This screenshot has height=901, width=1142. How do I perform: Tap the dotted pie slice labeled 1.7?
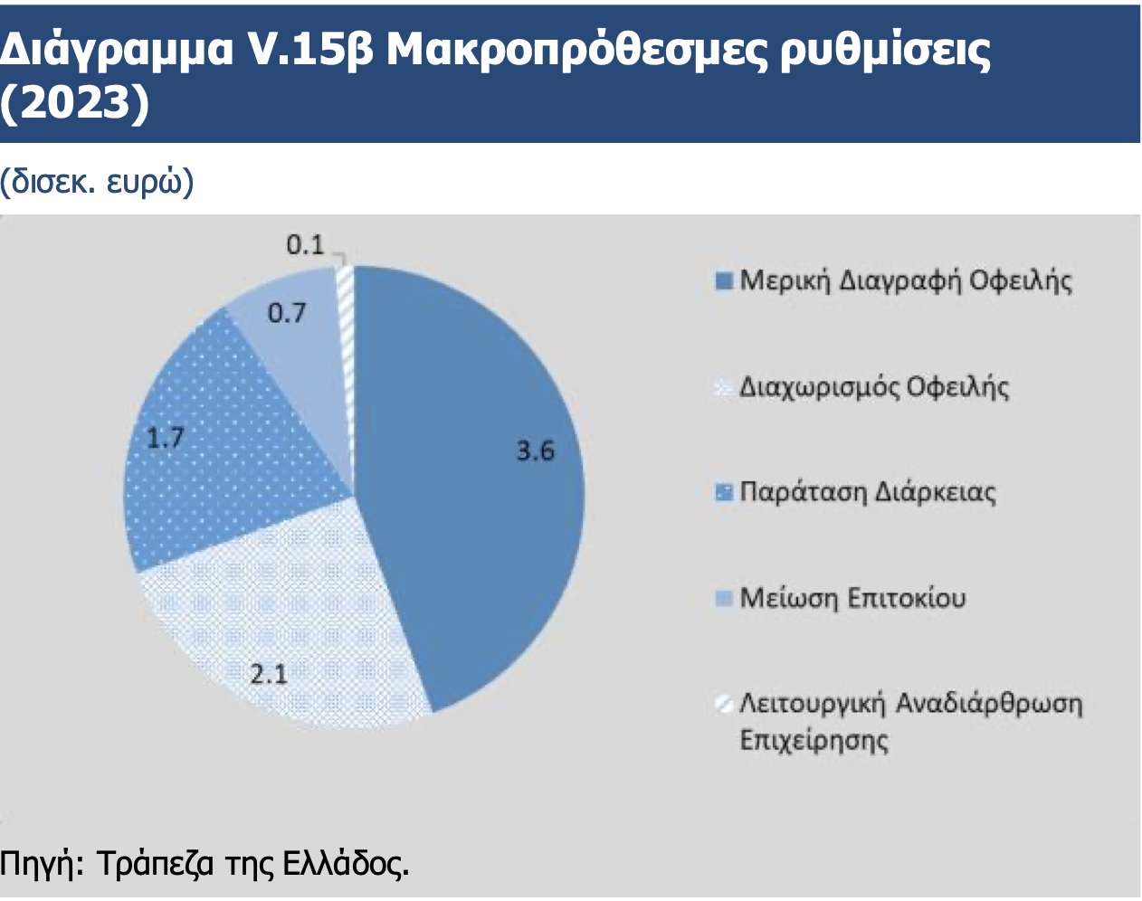(223, 451)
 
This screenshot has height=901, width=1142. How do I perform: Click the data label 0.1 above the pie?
(305, 245)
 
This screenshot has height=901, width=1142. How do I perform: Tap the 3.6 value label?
(536, 450)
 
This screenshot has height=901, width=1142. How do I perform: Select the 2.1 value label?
(269, 675)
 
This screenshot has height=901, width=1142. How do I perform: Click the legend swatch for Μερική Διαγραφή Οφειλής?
(724, 280)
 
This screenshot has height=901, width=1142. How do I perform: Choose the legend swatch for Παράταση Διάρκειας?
(724, 492)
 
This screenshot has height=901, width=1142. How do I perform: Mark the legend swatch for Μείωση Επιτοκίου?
(724, 598)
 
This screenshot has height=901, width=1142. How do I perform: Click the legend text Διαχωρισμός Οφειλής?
(874, 387)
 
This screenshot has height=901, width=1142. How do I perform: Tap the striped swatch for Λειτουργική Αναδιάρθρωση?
(724, 704)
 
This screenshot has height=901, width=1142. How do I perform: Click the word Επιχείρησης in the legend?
(814, 740)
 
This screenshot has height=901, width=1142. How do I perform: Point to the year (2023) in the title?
(74, 102)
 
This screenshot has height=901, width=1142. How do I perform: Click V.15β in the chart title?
(311, 51)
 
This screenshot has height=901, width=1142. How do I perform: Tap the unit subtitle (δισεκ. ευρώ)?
(97, 182)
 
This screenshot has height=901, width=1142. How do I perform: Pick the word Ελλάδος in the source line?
(346, 864)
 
